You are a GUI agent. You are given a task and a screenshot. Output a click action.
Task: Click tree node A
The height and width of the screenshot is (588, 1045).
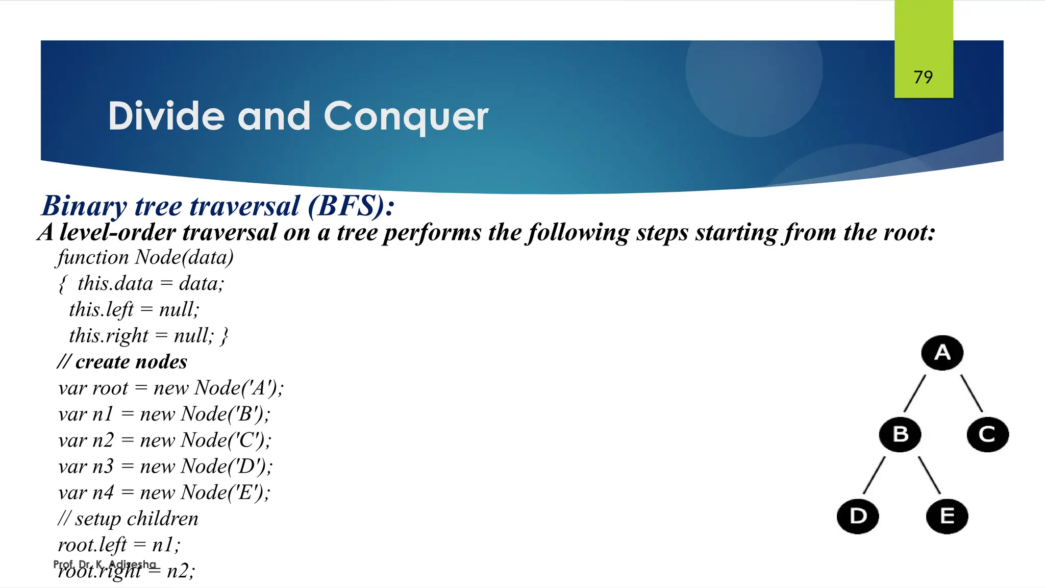click(942, 353)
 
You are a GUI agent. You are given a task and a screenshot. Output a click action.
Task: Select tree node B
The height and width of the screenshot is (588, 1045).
click(900, 434)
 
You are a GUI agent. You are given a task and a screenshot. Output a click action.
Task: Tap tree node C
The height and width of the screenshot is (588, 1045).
click(987, 434)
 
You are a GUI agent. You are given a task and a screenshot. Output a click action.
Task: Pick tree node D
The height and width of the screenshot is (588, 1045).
click(858, 516)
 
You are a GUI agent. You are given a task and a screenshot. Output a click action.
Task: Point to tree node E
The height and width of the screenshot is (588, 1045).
click(947, 516)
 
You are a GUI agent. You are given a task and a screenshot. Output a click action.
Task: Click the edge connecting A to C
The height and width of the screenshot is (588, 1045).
click(972, 393)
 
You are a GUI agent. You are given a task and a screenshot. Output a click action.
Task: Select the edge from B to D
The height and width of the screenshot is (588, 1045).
click(874, 475)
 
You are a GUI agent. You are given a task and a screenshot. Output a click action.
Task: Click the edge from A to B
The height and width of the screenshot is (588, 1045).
click(914, 393)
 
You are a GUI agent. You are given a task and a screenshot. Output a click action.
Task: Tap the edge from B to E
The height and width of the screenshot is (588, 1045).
click(929, 475)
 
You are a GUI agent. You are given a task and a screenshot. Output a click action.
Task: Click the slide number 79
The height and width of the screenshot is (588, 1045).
click(923, 77)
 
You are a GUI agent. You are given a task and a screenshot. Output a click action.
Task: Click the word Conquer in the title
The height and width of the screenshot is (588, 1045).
click(406, 116)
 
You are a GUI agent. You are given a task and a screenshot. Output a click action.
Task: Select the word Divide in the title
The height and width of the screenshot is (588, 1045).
click(166, 116)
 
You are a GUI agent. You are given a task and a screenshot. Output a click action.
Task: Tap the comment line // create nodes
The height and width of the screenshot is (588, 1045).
click(122, 362)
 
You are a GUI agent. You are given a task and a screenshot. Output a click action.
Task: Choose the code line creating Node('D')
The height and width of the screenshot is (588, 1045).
click(165, 467)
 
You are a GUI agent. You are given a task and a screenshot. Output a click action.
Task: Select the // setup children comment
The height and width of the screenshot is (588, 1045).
click(128, 519)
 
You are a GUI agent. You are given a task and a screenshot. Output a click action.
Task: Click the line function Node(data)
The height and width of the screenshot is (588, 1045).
click(145, 257)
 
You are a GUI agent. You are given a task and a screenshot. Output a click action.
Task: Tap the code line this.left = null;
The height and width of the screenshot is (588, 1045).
click(134, 309)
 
